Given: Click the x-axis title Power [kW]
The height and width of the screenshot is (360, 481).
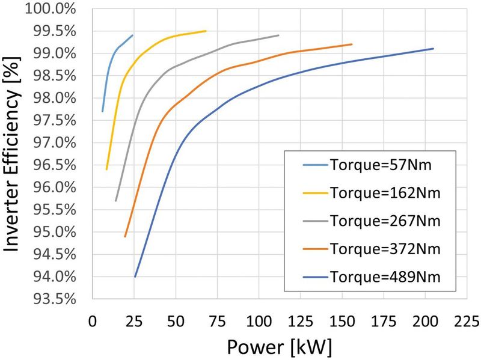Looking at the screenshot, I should (279, 346).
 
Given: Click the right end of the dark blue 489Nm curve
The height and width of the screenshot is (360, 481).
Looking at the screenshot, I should (433, 49).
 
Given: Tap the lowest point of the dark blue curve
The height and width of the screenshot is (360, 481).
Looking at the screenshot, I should (135, 276).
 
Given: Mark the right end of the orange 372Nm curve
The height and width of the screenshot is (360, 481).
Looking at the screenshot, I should (352, 44).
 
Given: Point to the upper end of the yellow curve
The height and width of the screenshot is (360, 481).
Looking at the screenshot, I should (206, 31).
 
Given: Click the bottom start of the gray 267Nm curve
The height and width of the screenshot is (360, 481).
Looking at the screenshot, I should (116, 201).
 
